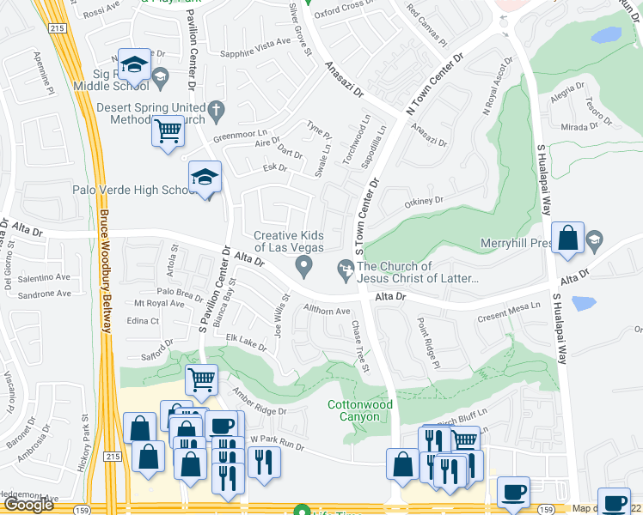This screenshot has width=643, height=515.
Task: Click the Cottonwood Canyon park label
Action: pos(352,410)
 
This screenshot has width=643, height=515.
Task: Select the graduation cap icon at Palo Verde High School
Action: pos(205,178)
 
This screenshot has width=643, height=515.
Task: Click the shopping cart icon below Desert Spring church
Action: pos(168,132)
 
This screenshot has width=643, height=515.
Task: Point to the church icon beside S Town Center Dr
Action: pos(346,271)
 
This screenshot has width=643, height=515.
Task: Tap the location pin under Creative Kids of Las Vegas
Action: pos(303,270)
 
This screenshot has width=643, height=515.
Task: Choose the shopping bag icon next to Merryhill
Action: pos(568,239)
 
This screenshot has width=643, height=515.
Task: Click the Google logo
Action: pos(28,505)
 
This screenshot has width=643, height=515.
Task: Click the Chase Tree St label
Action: pos(359,346)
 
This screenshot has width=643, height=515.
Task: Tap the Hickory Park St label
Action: pos(88,442)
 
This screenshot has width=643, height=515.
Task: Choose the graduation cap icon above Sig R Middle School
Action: pos(134,64)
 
